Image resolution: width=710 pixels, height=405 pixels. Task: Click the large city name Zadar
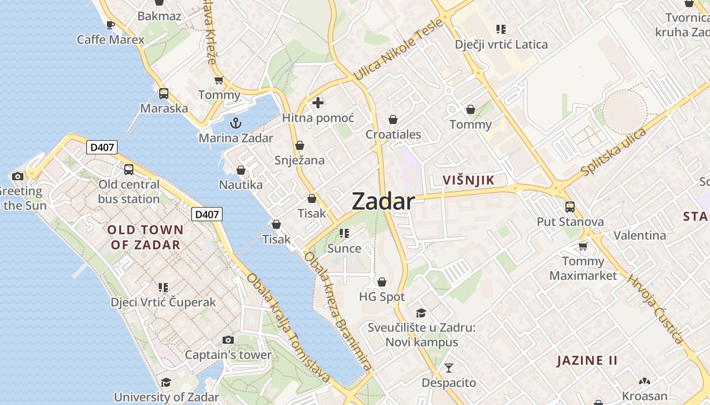coord(383,201)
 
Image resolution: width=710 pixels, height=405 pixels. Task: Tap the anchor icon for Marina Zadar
coord(235,123)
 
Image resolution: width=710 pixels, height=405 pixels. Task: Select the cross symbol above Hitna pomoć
coord(318,103)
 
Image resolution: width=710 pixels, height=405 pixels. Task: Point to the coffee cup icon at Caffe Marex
coord(111,25)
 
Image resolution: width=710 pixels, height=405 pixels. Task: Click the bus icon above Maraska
coord(163,94)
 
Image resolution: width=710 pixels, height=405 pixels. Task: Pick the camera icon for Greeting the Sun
coord(18,176)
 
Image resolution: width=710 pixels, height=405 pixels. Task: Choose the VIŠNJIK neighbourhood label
coord(468,180)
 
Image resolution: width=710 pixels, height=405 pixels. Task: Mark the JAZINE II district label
coord(587,360)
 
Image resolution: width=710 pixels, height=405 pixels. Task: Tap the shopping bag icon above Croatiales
coord(393,119)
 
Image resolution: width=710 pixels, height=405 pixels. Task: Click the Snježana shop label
coord(299,160)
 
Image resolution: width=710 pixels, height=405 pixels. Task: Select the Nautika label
coord(241,185)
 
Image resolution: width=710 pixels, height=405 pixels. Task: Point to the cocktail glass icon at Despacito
coord(449,368)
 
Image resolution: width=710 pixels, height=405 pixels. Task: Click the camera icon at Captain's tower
coord(228,340)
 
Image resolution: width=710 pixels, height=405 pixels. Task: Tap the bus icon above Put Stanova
coord(570,207)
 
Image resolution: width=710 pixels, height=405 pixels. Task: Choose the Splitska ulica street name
coord(613,152)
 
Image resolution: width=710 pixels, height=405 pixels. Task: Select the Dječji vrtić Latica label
coord(501,45)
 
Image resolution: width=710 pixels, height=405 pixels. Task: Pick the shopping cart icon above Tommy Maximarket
coord(583,246)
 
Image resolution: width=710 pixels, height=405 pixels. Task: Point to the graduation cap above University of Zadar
coord(166,382)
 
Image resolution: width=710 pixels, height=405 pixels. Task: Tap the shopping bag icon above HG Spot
coord(382,281)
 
